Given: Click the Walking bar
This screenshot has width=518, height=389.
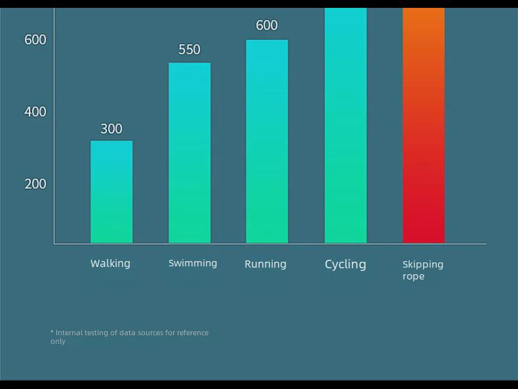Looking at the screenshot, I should [x=111, y=192].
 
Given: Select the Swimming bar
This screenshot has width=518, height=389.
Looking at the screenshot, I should [x=189, y=153].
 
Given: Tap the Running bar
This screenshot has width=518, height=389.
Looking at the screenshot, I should [x=267, y=141].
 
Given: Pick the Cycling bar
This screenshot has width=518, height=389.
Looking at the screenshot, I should [x=346, y=125].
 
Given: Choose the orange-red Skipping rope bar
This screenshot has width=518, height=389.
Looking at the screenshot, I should [x=424, y=125].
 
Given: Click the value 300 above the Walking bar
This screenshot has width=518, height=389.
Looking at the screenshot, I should [x=111, y=129].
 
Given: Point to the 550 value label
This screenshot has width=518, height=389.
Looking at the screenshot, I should [x=189, y=50].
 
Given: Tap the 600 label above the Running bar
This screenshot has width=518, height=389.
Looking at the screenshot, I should [x=267, y=26].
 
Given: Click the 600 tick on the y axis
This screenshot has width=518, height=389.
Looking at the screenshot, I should [x=35, y=40].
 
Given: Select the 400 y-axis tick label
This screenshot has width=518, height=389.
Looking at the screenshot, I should [x=35, y=112].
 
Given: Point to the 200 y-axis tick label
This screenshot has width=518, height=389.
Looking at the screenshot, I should [x=35, y=184].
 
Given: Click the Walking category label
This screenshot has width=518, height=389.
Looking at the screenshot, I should [x=110, y=264].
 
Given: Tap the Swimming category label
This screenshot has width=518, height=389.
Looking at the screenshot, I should [x=193, y=263].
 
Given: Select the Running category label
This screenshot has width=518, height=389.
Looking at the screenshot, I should [x=266, y=264].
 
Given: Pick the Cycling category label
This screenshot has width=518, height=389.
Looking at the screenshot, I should [x=346, y=264].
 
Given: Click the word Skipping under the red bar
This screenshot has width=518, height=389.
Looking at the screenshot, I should [x=423, y=264].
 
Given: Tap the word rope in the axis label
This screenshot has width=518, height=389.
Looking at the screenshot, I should [x=413, y=276].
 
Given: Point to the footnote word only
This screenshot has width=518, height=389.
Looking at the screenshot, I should [x=58, y=341].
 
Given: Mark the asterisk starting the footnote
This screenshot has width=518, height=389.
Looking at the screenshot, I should [x=52, y=332].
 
